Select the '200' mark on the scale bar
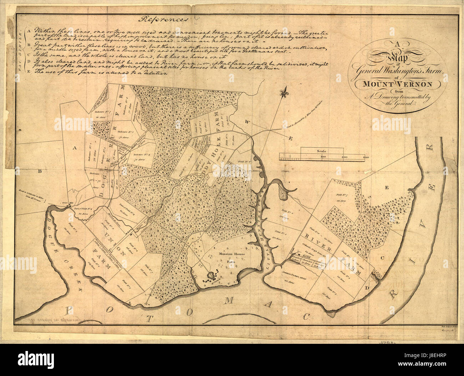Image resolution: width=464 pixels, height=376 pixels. tap(344, 157)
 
